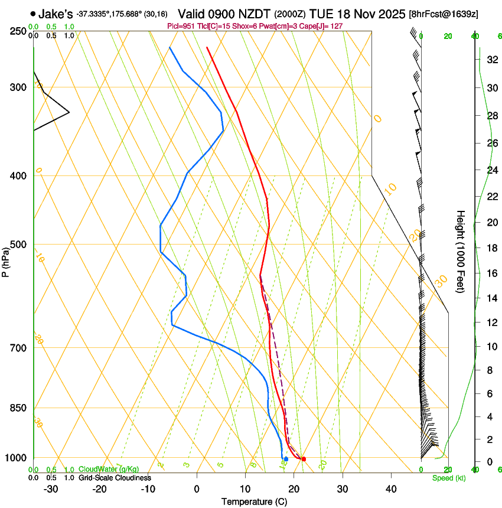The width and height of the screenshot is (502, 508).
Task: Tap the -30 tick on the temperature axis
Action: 51,489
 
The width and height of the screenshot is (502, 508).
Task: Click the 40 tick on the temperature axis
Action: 391,489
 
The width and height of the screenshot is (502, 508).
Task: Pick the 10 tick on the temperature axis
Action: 245,489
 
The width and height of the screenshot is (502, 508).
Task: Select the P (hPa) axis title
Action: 6,260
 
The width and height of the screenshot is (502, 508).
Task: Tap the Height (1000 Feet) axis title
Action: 461,252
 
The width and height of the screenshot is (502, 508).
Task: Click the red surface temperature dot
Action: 304,459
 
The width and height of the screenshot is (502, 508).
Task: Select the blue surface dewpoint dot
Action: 286,459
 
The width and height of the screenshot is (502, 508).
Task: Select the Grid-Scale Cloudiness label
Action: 115,477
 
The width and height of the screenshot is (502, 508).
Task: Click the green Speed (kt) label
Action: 448,477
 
